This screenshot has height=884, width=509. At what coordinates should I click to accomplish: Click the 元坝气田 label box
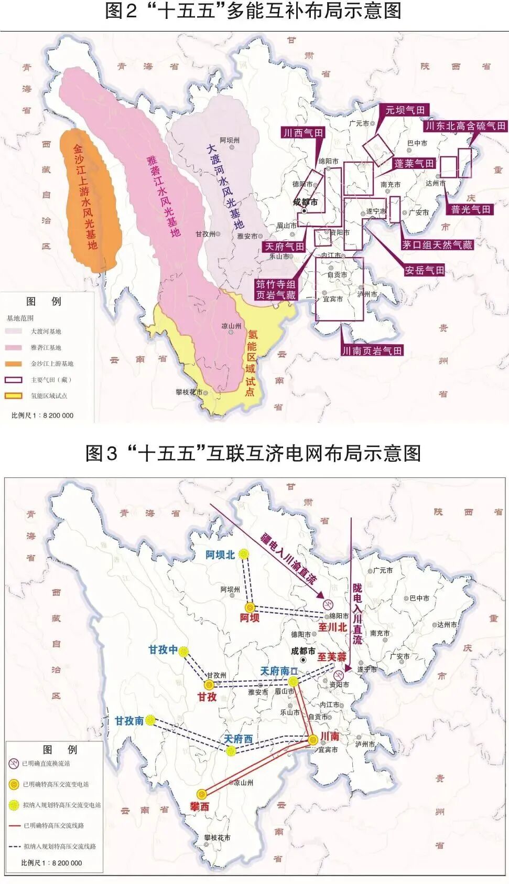(405, 110)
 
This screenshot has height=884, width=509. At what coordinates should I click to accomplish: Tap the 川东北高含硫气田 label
(465, 126)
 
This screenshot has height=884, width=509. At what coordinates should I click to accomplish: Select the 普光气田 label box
(471, 209)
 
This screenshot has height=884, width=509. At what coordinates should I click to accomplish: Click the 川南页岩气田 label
(372, 350)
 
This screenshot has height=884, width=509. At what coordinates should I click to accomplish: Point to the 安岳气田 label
(424, 270)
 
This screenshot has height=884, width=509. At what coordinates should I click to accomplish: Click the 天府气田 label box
(284, 247)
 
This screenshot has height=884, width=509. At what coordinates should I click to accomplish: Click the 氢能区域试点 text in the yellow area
(251, 362)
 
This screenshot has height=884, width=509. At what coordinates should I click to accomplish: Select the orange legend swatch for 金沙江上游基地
(14, 364)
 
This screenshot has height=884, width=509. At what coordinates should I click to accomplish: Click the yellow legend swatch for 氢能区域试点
(14, 396)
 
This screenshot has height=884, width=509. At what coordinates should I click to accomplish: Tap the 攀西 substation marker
(202, 794)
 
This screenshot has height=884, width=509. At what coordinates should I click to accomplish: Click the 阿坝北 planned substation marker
(243, 554)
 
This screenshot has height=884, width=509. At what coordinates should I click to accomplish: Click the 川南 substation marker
(313, 740)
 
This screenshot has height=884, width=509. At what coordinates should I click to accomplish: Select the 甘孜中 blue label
(163, 650)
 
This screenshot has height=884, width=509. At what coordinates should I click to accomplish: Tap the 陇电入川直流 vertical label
(358, 613)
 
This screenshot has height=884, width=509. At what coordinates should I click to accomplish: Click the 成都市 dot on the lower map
(303, 659)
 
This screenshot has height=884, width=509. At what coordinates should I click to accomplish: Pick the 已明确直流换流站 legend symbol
(14, 763)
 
